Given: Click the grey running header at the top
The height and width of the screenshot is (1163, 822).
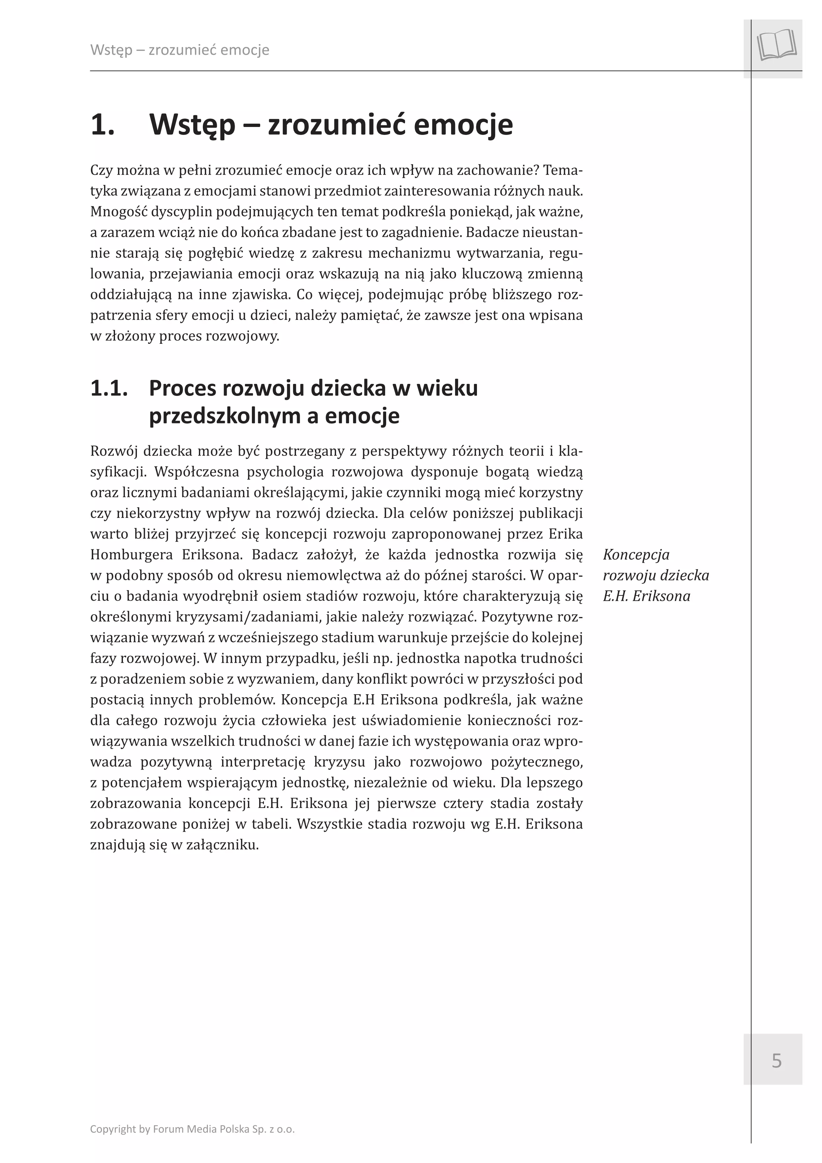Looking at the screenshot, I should click(179, 50).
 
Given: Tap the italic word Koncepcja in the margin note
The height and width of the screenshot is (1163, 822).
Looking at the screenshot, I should click(636, 555).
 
